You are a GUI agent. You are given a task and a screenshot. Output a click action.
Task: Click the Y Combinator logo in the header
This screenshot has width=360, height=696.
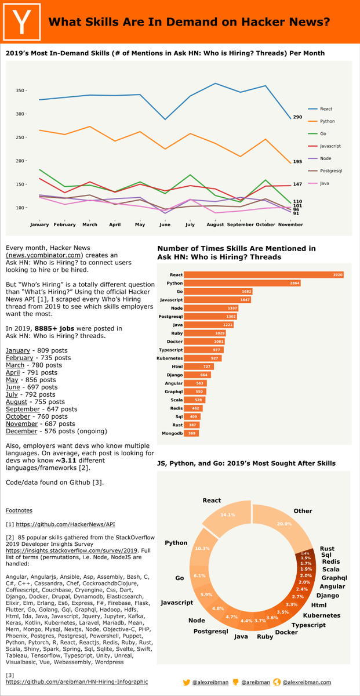[23, 21]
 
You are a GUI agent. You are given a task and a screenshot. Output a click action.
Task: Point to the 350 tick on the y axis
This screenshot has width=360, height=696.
[22, 90]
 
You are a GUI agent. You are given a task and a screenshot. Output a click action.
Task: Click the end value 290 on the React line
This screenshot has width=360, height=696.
[297, 117]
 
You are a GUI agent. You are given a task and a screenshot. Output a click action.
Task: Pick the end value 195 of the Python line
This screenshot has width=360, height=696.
[297, 162]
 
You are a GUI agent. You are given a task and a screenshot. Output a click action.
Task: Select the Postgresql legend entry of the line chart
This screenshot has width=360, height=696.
[330, 171]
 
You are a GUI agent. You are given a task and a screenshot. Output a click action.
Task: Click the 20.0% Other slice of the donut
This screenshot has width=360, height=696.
[284, 524]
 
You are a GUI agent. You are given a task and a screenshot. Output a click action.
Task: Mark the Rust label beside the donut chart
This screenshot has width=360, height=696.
[327, 548]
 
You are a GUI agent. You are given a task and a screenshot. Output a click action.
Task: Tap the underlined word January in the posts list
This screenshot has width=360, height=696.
[17, 351]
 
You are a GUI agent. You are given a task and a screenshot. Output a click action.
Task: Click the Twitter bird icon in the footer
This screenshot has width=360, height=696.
[186, 682]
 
